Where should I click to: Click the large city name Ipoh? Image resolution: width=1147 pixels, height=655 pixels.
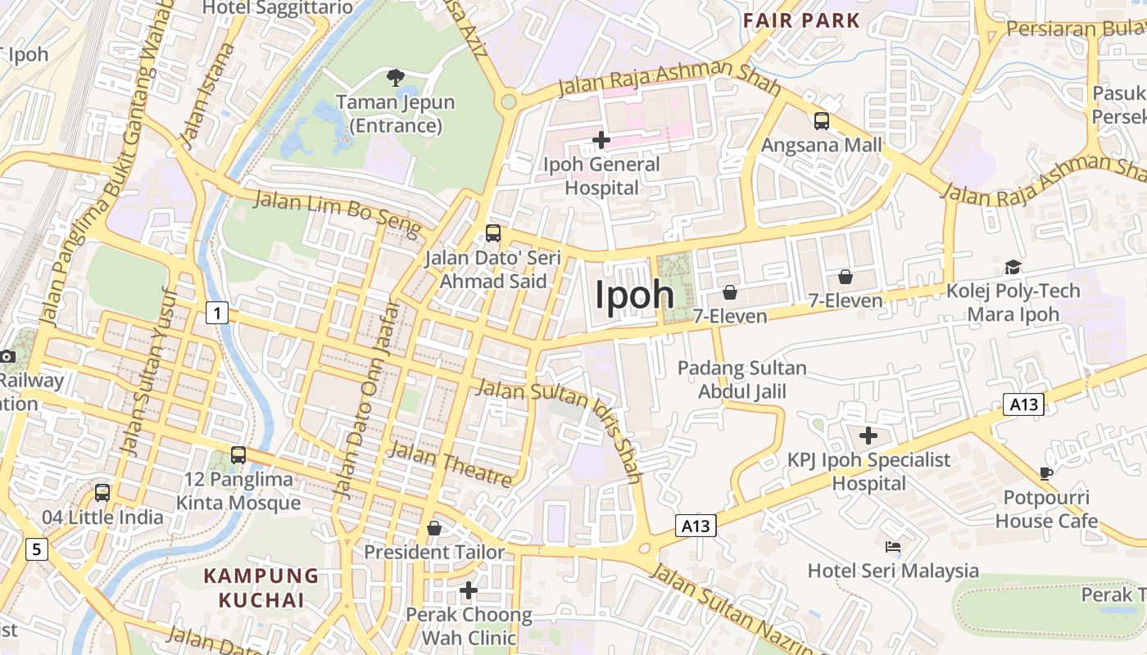tap(634, 296)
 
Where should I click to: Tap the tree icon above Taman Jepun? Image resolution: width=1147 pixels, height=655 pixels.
tap(396, 78)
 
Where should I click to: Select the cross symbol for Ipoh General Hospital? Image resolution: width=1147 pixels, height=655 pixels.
tap(601, 140)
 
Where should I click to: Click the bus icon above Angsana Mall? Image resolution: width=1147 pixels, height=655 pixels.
tap(821, 121)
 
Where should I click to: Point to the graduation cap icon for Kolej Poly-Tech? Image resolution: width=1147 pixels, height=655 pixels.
tap(1013, 267)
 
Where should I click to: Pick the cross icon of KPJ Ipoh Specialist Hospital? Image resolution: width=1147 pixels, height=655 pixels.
tap(868, 436)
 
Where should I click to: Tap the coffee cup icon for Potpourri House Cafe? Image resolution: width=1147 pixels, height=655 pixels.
tap(1045, 472)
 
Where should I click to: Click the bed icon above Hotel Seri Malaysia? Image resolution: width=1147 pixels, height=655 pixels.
tap(893, 546)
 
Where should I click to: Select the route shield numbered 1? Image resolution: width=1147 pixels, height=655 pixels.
tap(216, 312)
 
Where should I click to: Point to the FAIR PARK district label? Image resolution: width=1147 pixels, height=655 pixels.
tap(801, 20)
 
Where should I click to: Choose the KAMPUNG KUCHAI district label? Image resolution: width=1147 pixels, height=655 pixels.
tap(261, 588)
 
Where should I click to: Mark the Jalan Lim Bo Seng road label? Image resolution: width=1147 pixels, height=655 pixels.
tap(338, 212)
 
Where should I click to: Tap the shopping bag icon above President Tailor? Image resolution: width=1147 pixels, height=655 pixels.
tap(434, 528)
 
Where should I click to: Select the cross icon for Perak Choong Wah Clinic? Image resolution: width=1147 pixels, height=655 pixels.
tap(468, 589)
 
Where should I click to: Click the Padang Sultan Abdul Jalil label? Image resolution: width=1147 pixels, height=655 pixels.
tap(741, 380)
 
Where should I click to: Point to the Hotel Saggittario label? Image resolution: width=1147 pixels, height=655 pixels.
tap(278, 8)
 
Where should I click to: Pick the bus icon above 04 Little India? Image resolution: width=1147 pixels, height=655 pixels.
tap(102, 493)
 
